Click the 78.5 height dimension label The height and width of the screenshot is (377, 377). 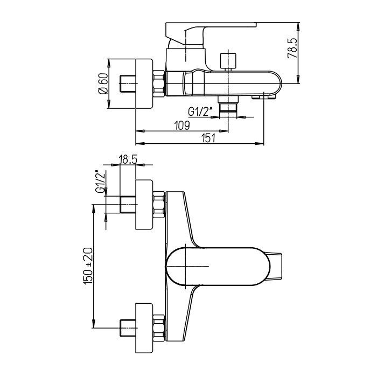[293, 48]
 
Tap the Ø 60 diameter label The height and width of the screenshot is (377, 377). [103, 83]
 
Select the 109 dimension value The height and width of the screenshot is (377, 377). [182, 125]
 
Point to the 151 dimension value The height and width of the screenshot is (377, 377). [208, 138]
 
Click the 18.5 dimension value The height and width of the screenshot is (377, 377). [128, 159]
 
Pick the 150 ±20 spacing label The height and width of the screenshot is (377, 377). [88, 267]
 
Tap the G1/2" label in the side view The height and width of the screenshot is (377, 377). [200, 112]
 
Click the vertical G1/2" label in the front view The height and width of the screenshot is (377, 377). [101, 181]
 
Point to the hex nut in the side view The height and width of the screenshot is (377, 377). [159, 83]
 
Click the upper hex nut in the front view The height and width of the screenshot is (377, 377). [159, 205]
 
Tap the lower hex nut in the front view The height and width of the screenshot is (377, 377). [159, 327]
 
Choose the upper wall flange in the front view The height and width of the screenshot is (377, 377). [144, 205]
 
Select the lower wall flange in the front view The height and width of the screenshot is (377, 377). [144, 328]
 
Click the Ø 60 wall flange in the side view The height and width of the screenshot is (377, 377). [144, 83]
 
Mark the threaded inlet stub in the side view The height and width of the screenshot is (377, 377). [128, 83]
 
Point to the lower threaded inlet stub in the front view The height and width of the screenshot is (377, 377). [128, 328]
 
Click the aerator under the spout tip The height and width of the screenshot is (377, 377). [264, 96]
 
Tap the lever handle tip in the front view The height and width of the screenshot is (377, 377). [274, 267]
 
